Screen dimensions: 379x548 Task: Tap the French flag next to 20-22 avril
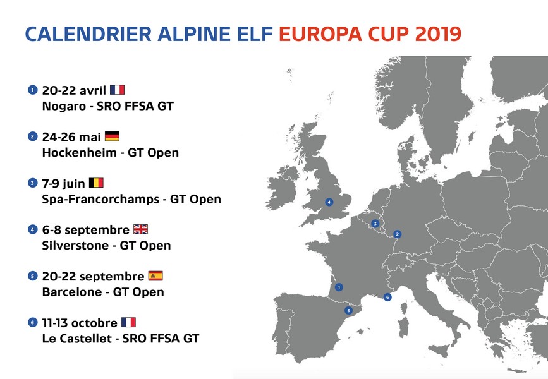[x=118, y=90]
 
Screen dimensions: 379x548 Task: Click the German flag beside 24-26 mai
[x=112, y=136]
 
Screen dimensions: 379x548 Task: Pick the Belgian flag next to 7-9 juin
[x=96, y=183]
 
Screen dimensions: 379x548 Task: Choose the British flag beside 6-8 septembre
[x=140, y=229]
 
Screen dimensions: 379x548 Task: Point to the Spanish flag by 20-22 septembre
[x=155, y=276]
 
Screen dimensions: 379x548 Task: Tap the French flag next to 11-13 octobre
[x=128, y=322]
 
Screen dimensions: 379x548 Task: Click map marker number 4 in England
[x=329, y=202]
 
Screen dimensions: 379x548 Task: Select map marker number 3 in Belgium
[x=375, y=223]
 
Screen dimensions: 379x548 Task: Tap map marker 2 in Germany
[x=397, y=234]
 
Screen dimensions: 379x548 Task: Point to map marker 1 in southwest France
[x=339, y=287]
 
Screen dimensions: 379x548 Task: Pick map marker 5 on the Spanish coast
[x=348, y=310]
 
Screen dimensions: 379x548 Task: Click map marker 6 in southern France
[x=387, y=297]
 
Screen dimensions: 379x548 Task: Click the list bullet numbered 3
[x=32, y=183]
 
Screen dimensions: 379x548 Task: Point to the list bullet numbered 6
[x=32, y=322]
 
